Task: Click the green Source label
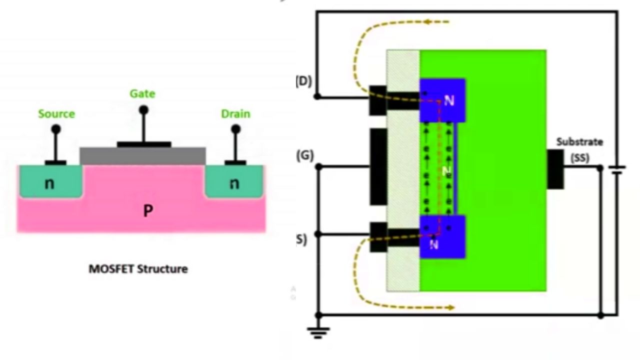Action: [56, 114]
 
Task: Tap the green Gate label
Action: [142, 94]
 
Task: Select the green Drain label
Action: [235, 114]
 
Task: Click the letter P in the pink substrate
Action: [147, 211]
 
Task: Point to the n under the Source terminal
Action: [49, 183]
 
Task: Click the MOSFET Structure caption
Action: [138, 269]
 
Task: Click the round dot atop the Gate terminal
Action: [143, 109]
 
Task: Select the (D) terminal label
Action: [304, 81]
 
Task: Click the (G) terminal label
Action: [304, 156]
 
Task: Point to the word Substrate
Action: [579, 142]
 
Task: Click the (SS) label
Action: [579, 158]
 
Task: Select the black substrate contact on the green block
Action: [555, 169]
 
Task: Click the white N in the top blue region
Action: [449, 101]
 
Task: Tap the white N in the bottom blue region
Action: [434, 244]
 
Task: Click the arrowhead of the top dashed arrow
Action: [426, 22]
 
